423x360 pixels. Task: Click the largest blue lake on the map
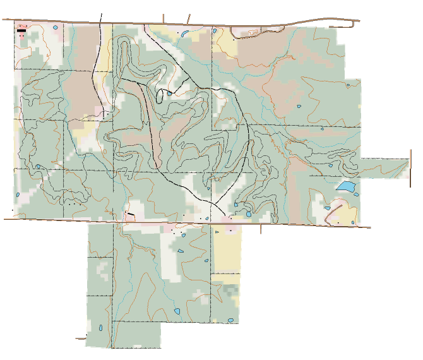point(345,186)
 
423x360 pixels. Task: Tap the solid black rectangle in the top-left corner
point(21,30)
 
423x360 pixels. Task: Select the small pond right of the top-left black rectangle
point(56,28)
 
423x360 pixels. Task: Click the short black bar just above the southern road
point(131,215)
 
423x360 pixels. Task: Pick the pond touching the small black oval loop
point(169,93)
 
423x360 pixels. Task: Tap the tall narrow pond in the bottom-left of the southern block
point(101,327)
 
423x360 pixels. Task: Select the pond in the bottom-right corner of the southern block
point(232,321)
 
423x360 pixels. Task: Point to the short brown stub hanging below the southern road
point(261,229)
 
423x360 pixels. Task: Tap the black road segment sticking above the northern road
point(102,16)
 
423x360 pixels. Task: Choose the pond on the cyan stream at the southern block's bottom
point(178,311)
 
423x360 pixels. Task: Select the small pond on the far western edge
point(38,167)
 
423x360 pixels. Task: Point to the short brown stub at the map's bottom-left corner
point(80,339)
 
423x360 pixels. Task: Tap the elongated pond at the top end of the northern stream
point(184,34)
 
